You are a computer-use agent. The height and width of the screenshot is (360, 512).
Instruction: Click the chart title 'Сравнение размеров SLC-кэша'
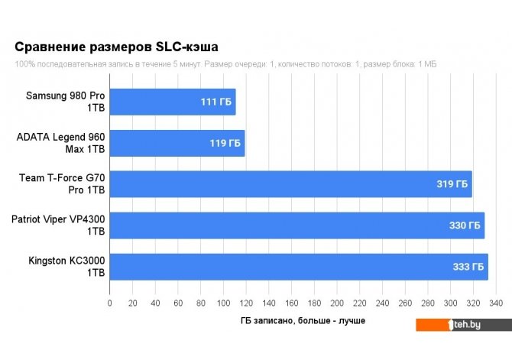click(122, 47)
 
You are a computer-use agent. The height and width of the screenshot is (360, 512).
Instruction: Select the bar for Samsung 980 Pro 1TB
click(173, 102)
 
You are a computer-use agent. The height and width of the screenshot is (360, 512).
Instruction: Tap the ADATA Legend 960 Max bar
click(177, 143)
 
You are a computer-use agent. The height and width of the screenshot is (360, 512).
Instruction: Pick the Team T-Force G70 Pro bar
click(290, 184)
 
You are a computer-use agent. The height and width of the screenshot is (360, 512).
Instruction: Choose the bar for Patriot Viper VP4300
click(297, 225)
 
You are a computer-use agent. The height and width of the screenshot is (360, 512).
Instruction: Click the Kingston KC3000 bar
click(298, 267)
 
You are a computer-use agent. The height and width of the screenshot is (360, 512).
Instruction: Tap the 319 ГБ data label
click(452, 184)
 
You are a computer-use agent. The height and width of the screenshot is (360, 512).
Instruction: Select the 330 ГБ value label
click(464, 225)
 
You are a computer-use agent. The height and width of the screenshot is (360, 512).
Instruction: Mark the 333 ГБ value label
click(467, 267)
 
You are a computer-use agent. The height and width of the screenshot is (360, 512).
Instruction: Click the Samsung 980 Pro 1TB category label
click(66, 102)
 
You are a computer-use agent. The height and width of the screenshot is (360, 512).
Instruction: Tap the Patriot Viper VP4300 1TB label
click(58, 225)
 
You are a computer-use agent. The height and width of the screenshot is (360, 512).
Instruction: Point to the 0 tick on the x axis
click(110, 304)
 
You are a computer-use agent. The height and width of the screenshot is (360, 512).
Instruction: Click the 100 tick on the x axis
click(223, 304)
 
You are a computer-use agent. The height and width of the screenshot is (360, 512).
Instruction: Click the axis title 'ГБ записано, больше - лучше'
click(302, 320)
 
